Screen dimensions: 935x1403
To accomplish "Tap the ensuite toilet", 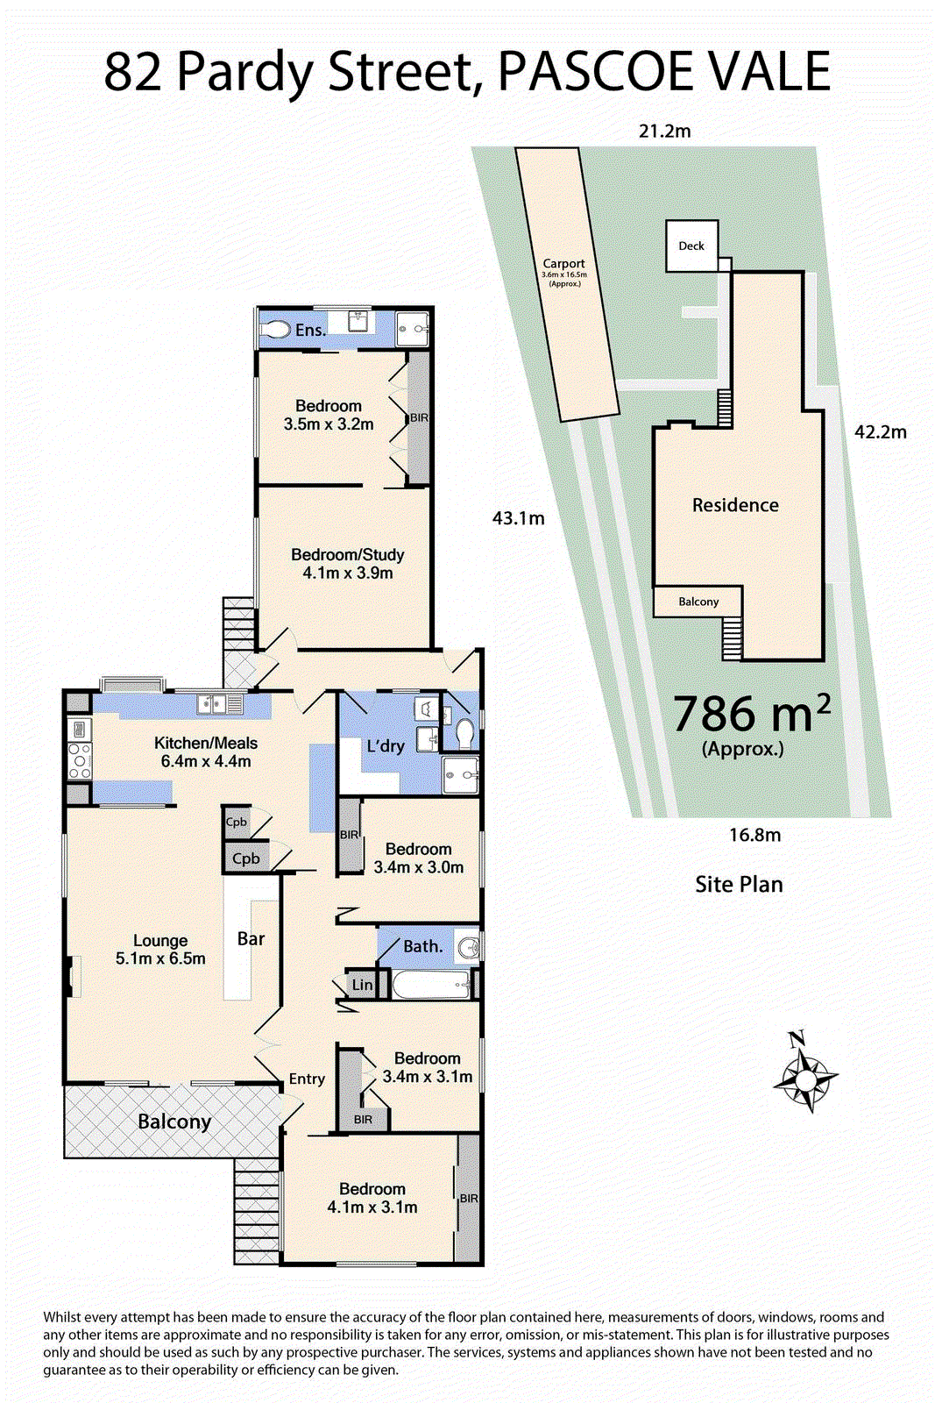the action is [x=276, y=330].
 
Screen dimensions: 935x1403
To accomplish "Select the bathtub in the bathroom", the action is [x=430, y=986].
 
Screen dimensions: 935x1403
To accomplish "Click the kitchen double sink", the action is [x=219, y=705].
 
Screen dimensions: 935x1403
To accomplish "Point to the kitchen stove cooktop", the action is [x=80, y=760].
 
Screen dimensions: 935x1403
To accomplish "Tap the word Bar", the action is [x=251, y=938].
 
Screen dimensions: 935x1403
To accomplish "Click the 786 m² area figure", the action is [x=752, y=714].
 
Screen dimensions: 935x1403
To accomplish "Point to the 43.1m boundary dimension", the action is [x=518, y=518].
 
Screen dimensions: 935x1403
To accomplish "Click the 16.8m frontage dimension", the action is [x=754, y=835].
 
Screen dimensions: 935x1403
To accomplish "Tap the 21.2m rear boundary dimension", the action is [x=664, y=131].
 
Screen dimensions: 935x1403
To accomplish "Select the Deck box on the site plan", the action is [x=691, y=246].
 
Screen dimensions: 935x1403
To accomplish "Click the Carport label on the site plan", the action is [x=563, y=264].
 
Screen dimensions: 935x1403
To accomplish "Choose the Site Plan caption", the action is [x=739, y=885].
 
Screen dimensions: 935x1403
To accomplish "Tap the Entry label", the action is [x=307, y=1079].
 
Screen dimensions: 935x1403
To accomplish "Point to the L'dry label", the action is [x=386, y=746].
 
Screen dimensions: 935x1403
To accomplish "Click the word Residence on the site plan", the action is [x=735, y=505].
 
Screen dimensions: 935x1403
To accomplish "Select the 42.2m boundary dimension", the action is [x=881, y=432].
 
